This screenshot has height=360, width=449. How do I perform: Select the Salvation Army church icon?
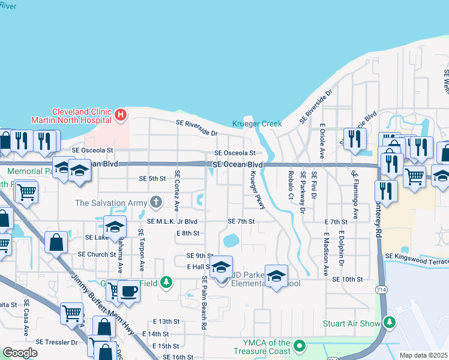click(x=156, y=202)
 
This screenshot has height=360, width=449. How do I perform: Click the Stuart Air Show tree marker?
click(x=390, y=323)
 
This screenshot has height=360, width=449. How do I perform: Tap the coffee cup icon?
click(x=128, y=291)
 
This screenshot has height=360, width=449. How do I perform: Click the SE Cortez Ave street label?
click(x=177, y=190)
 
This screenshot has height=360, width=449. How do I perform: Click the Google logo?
click(x=20, y=353)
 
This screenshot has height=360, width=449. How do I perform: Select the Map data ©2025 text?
click(x=423, y=355)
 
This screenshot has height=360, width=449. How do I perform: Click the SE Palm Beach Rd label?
click(x=205, y=303)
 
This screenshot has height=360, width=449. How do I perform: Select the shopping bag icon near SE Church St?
click(x=56, y=243)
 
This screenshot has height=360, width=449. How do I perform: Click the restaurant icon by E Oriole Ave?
click(x=355, y=139)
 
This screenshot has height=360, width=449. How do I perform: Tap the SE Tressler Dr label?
click(x=56, y=342)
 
